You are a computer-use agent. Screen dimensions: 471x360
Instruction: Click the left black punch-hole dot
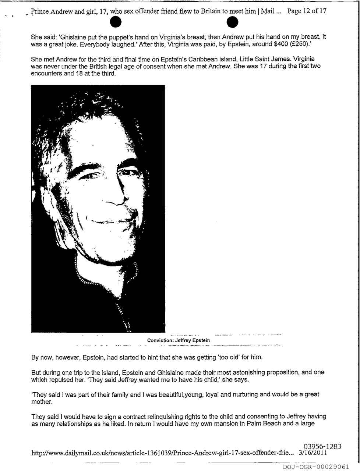[x=116, y=22]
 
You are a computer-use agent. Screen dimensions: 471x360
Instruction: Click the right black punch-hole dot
[x=232, y=22]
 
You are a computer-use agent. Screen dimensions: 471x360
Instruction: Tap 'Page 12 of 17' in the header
[x=307, y=11]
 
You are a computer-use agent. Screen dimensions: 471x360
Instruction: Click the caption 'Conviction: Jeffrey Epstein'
[x=178, y=340]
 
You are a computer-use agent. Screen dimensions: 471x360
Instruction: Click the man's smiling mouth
[x=110, y=221]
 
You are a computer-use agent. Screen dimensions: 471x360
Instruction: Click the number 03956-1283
[x=322, y=447]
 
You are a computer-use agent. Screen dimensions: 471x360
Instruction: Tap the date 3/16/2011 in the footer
[x=313, y=454]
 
